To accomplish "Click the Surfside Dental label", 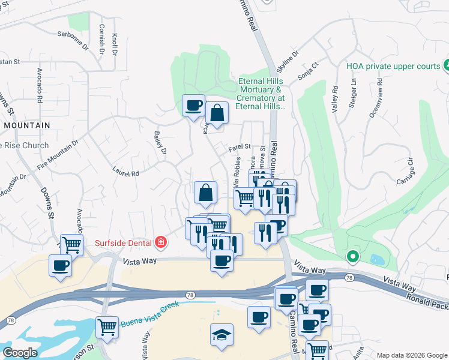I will pyautogui.click(x=124, y=243).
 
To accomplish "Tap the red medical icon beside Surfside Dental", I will pyautogui.click(x=160, y=242).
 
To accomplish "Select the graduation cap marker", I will pyautogui.click(x=221, y=334).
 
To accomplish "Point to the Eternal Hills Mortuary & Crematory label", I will pyautogui.click(x=261, y=94).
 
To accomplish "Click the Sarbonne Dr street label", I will pyautogui.click(x=72, y=35).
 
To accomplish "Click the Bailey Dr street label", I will pyautogui.click(x=160, y=143).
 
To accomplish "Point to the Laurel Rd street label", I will pyautogui.click(x=125, y=171).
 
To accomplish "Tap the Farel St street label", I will pyautogui.click(x=239, y=146).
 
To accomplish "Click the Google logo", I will pyautogui.click(x=20, y=353).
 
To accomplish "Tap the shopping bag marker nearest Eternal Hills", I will pyautogui.click(x=217, y=112).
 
